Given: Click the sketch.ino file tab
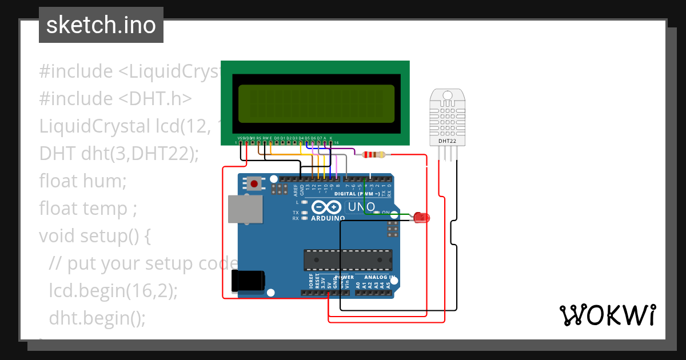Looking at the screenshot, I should tap(101, 25).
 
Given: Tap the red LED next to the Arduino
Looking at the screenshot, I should tap(422, 217).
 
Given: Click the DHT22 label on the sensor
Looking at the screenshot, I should tap(447, 141).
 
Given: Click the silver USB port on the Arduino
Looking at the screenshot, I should tap(245, 209).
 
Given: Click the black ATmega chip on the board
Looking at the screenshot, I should tap(348, 259).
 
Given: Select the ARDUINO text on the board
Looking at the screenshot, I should tap(328, 218).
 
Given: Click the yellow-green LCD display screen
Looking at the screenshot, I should tap(317, 104).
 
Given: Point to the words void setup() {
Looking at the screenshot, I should tap(94, 235).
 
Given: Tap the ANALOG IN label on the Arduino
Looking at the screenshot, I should tap(376, 277).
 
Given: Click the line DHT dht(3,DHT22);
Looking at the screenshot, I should tap(119, 154).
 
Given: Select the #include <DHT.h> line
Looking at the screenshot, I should tap(115, 99).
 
